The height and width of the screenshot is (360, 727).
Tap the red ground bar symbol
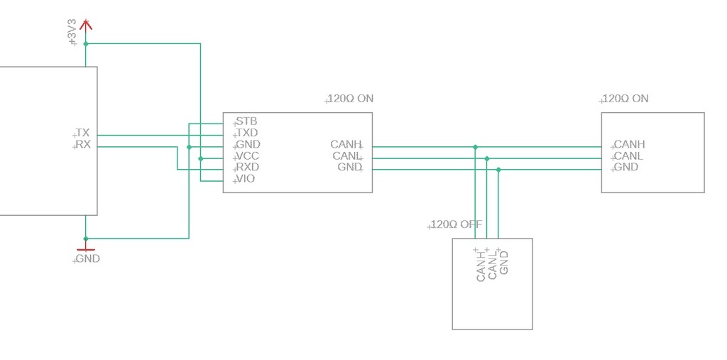click(x=86, y=250)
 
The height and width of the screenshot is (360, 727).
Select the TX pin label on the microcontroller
click(x=83, y=133)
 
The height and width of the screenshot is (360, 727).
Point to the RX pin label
click(x=84, y=144)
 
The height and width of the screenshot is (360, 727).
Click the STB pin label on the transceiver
click(x=246, y=122)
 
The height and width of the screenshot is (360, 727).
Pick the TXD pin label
click(x=247, y=133)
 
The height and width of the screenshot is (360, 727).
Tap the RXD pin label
click(x=248, y=167)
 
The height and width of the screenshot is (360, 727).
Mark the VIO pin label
click(x=245, y=179)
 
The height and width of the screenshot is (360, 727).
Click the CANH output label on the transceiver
click(x=345, y=144)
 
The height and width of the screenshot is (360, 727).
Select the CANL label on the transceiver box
click(x=346, y=156)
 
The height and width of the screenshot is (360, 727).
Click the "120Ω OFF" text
click(x=457, y=224)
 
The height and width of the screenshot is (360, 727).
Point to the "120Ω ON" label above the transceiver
click(x=350, y=99)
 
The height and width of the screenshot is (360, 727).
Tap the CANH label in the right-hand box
click(x=629, y=144)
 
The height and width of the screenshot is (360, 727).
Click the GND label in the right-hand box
click(x=626, y=167)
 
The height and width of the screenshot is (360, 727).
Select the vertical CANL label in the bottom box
click(x=493, y=266)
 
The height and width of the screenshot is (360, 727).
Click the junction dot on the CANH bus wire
click(x=475, y=147)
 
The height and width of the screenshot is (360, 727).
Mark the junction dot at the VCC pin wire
click(x=201, y=158)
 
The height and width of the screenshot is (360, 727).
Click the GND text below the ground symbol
click(x=87, y=259)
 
